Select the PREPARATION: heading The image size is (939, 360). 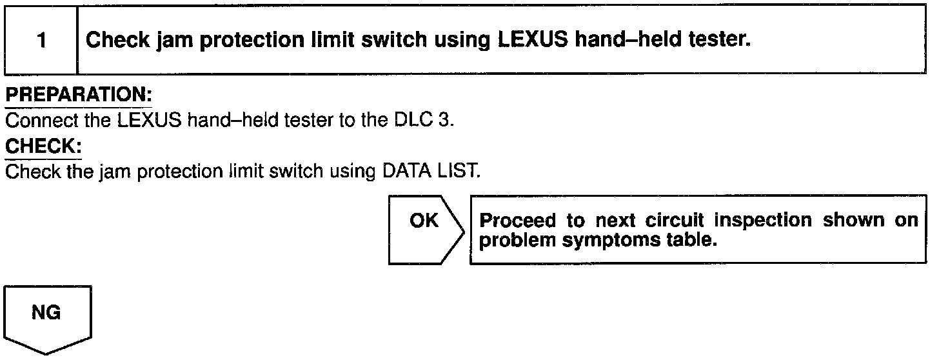78,95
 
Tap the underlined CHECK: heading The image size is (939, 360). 43,146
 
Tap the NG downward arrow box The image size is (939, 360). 48,317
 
